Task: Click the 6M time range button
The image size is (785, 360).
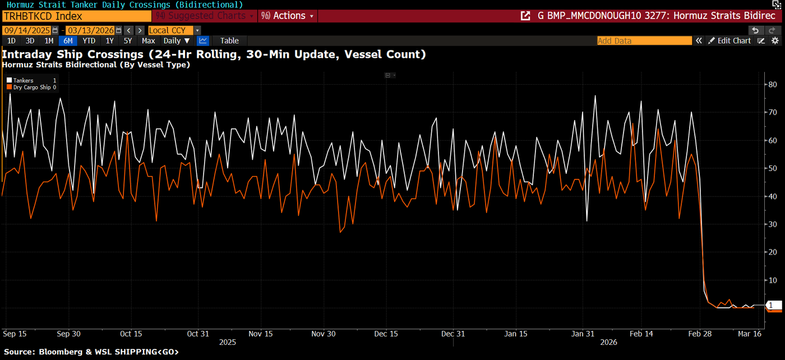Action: (x=68, y=40)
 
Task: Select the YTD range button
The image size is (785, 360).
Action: (x=89, y=40)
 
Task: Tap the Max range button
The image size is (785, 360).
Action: (x=148, y=40)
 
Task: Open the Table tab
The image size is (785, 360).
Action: (x=229, y=40)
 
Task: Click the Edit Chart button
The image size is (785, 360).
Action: (x=729, y=40)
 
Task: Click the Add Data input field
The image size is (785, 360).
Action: (x=644, y=40)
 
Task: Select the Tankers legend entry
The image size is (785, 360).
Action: (x=23, y=81)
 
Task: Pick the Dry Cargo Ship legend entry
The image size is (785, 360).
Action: (x=31, y=87)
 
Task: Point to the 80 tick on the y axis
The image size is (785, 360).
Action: (x=772, y=84)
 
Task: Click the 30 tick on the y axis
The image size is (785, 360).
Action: (x=772, y=224)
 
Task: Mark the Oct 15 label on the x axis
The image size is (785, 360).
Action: (x=131, y=334)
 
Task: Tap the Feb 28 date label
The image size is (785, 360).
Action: (x=700, y=334)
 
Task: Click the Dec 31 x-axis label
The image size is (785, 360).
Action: (x=452, y=334)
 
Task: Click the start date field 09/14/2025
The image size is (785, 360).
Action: (x=26, y=30)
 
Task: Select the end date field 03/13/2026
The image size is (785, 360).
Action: (x=90, y=30)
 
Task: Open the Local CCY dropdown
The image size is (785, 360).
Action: (x=174, y=30)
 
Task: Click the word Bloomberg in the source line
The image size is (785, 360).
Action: (x=58, y=352)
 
